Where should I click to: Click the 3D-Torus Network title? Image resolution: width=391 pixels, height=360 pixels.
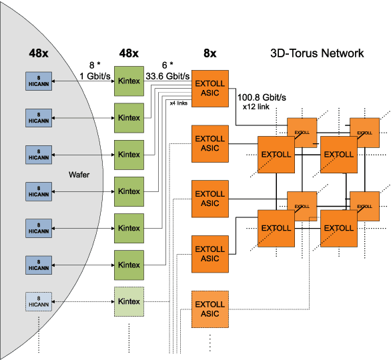(x=317, y=53)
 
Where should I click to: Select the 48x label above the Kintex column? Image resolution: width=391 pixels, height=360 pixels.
(x=128, y=53)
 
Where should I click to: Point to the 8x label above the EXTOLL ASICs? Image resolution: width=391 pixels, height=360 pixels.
(x=210, y=53)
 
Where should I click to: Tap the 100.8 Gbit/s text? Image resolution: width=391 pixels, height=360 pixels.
(x=262, y=97)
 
